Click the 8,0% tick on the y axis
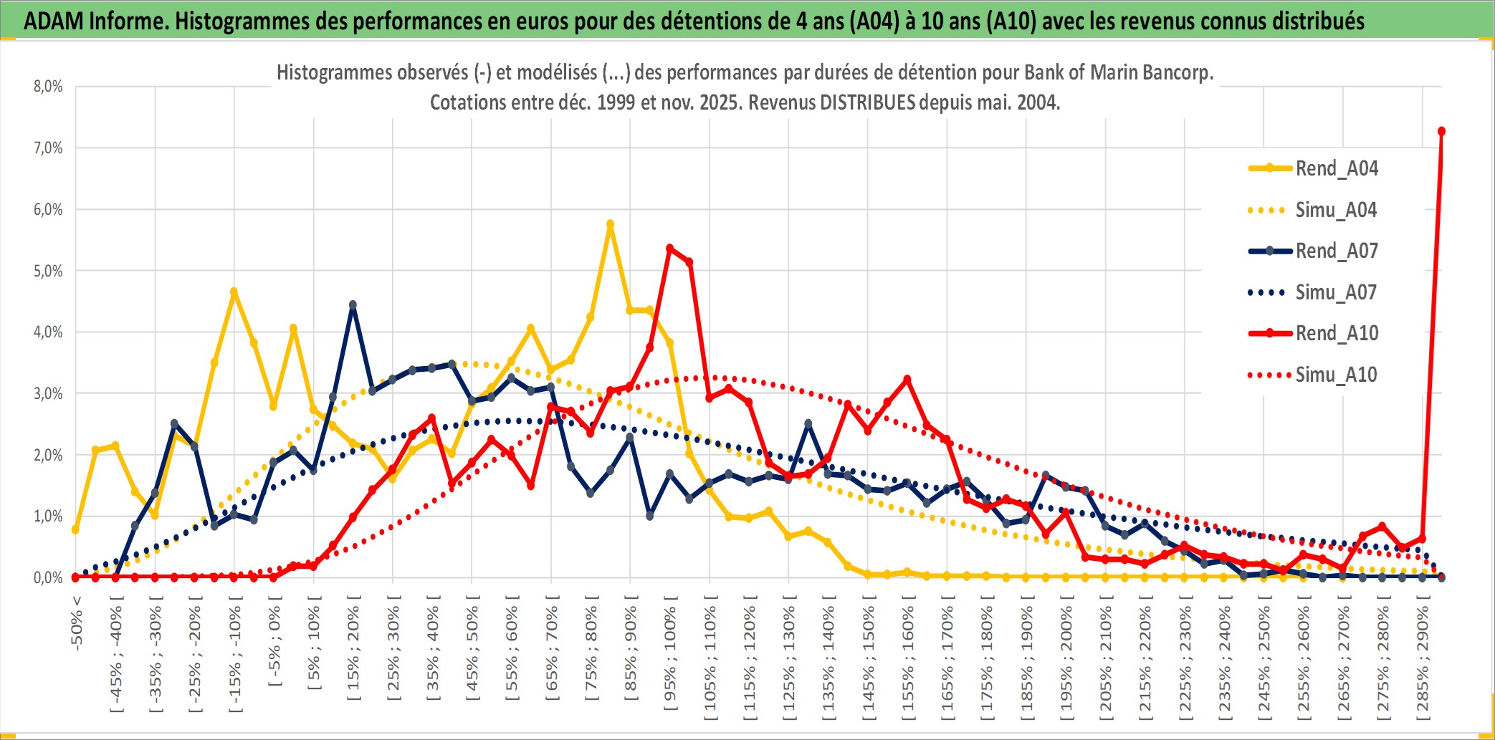pyautogui.click(x=48, y=87)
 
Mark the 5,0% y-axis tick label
pyautogui.click(x=48, y=271)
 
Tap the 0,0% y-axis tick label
pyautogui.click(x=48, y=577)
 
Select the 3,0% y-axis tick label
pyautogui.click(x=48, y=393)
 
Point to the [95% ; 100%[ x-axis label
pyautogui.click(x=670, y=658)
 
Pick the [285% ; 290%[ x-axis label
pyautogui.click(x=1423, y=661)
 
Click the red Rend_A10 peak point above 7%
pyautogui.click(x=1441, y=131)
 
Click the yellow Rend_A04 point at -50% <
pyautogui.click(x=76, y=529)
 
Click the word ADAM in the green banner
pyautogui.click(x=54, y=21)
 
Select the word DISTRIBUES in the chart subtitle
pyautogui.click(x=867, y=102)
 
